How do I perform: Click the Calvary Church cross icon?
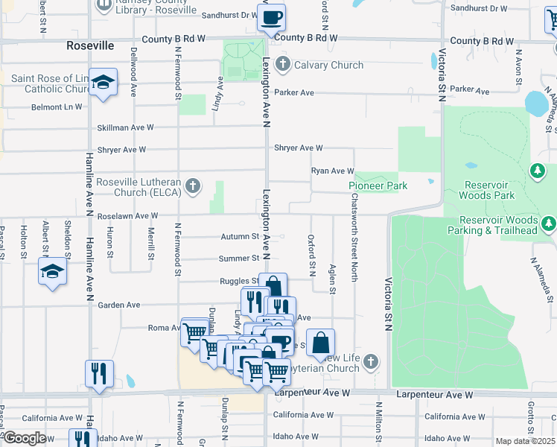[x=282, y=65]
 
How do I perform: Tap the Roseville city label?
[x=90, y=45]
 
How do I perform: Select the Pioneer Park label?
[x=378, y=186]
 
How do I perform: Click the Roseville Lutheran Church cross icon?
[x=193, y=186]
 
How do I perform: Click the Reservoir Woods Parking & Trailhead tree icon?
[x=549, y=223]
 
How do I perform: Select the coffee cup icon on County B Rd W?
[x=271, y=16]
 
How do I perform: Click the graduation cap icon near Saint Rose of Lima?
[x=102, y=82]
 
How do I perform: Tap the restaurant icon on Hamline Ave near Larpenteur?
[x=99, y=372]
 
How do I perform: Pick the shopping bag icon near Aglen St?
[x=320, y=343]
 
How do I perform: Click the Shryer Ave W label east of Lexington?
[x=298, y=148]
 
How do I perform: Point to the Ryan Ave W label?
[x=332, y=171]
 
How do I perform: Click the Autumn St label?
[x=239, y=237]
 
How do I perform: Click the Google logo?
[x=25, y=438]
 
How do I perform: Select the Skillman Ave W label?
[x=130, y=127]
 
